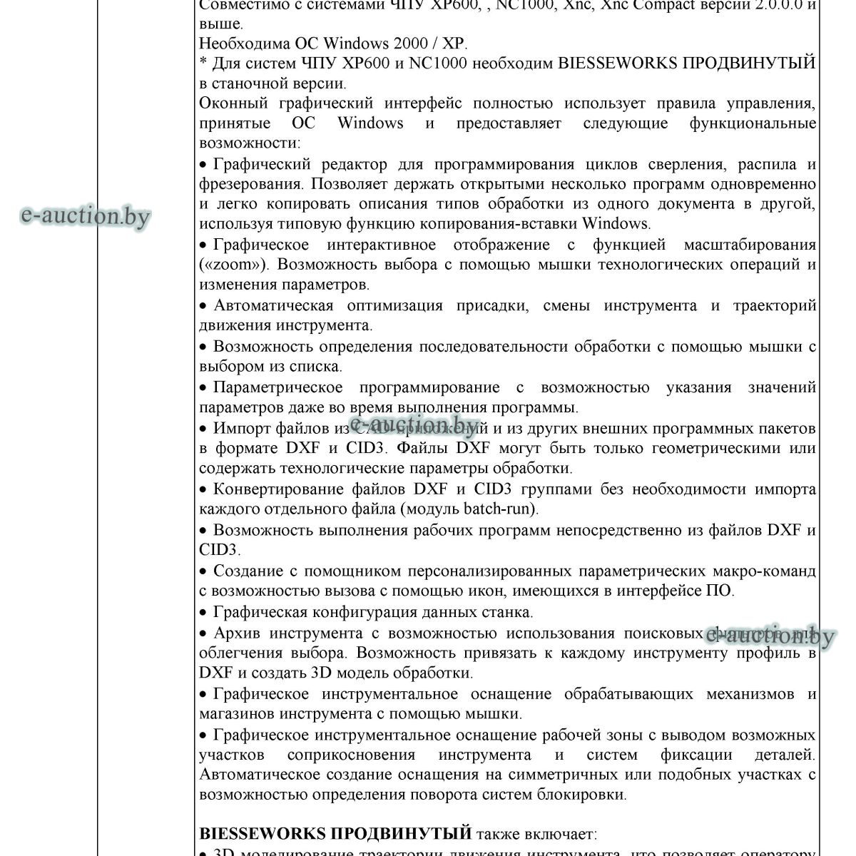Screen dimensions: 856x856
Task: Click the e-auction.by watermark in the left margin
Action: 86,215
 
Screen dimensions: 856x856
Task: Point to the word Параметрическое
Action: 277,387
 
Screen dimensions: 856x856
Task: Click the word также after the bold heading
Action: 498,833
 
